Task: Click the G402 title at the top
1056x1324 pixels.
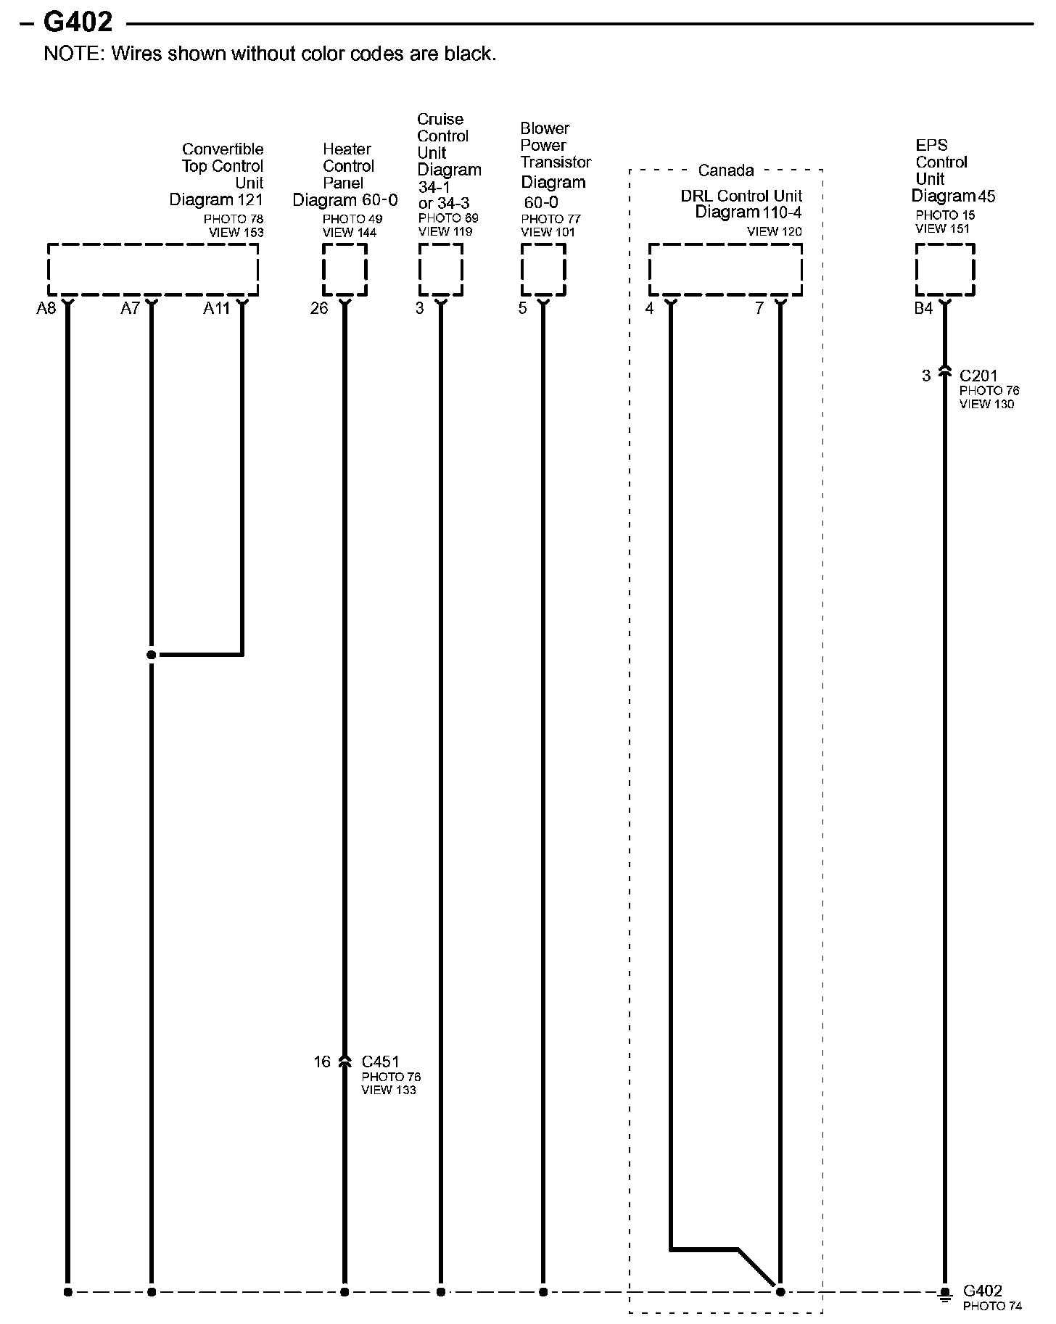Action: click(x=78, y=22)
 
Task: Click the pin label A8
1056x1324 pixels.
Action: click(x=46, y=309)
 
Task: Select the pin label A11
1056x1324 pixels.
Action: click(x=216, y=309)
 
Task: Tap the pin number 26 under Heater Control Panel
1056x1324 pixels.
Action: click(x=319, y=309)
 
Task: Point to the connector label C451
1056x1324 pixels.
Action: click(x=380, y=1062)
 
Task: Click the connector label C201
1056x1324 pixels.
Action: click(x=978, y=376)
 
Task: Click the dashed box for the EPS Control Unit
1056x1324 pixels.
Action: click(x=944, y=269)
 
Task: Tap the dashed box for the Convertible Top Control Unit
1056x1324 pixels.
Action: click(x=152, y=269)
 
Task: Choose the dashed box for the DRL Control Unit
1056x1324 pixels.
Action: click(x=725, y=269)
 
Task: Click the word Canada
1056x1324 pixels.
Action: click(x=726, y=170)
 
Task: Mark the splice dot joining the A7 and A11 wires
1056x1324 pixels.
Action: click(x=151, y=655)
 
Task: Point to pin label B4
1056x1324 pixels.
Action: click(x=923, y=309)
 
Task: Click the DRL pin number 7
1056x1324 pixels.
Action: click(x=759, y=309)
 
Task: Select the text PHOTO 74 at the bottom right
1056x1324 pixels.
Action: click(x=992, y=1307)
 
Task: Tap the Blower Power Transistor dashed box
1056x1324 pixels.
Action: click(x=543, y=269)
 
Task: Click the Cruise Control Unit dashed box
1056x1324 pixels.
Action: click(x=440, y=269)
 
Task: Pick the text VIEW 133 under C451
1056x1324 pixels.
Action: click(x=389, y=1090)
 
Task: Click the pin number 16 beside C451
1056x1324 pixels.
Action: click(x=322, y=1062)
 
